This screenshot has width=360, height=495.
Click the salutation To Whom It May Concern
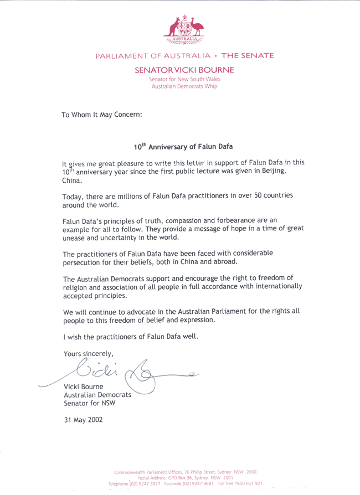102,115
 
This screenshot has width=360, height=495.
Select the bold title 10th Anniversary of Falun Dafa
183,147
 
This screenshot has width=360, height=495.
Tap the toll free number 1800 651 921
243,483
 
